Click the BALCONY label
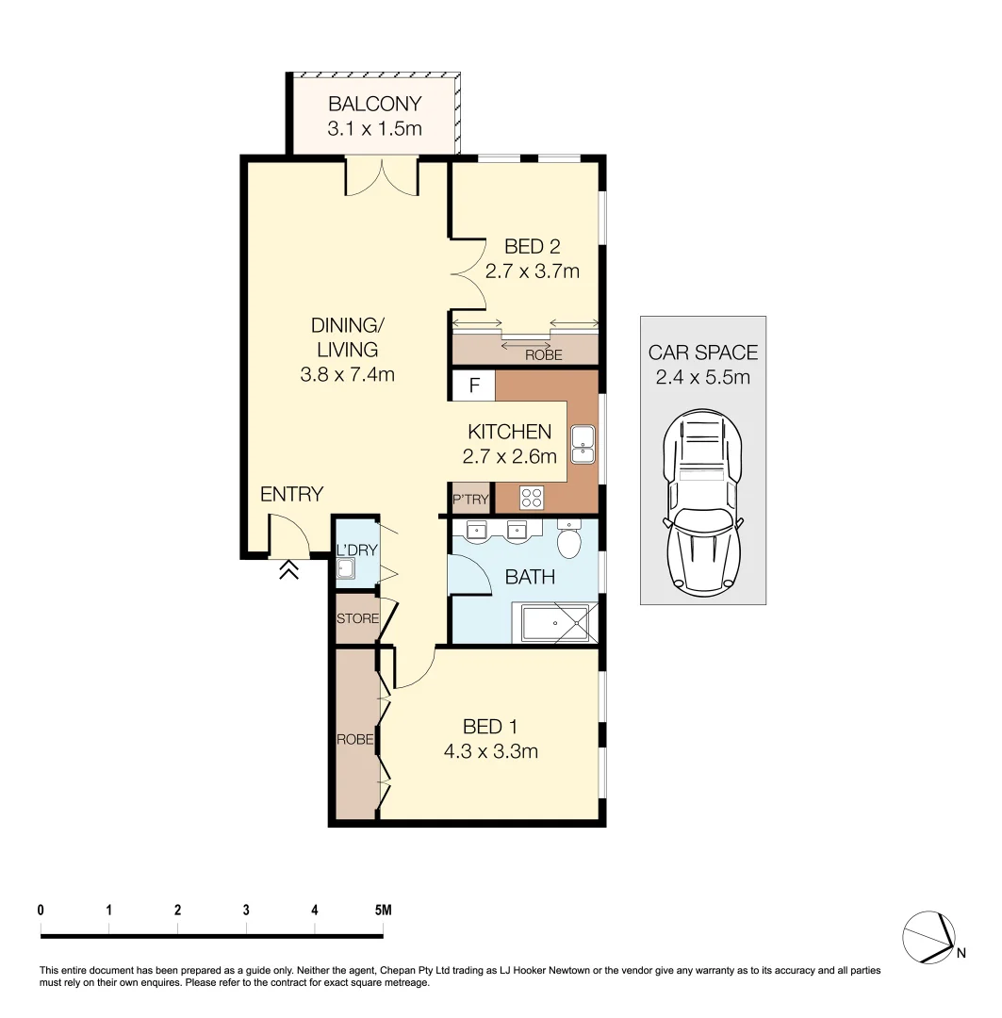coord(374,105)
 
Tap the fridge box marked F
coord(474,386)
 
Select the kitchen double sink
coord(583,443)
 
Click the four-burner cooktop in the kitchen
coord(532,497)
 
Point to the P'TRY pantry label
coord(469,500)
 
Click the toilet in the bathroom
coord(568,541)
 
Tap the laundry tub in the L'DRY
coord(346,568)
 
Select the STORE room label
coord(357,619)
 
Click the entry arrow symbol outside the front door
coord(288,568)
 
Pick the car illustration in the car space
coord(702,500)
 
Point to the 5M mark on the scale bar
coord(382,911)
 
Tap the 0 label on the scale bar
coord(41,911)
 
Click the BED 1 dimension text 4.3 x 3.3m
coord(490,751)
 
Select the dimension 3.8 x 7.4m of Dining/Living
coord(346,374)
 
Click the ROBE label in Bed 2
coord(544,355)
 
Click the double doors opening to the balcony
coord(382,178)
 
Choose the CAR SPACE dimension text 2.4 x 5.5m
coord(702,378)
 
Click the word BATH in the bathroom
coord(530,578)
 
